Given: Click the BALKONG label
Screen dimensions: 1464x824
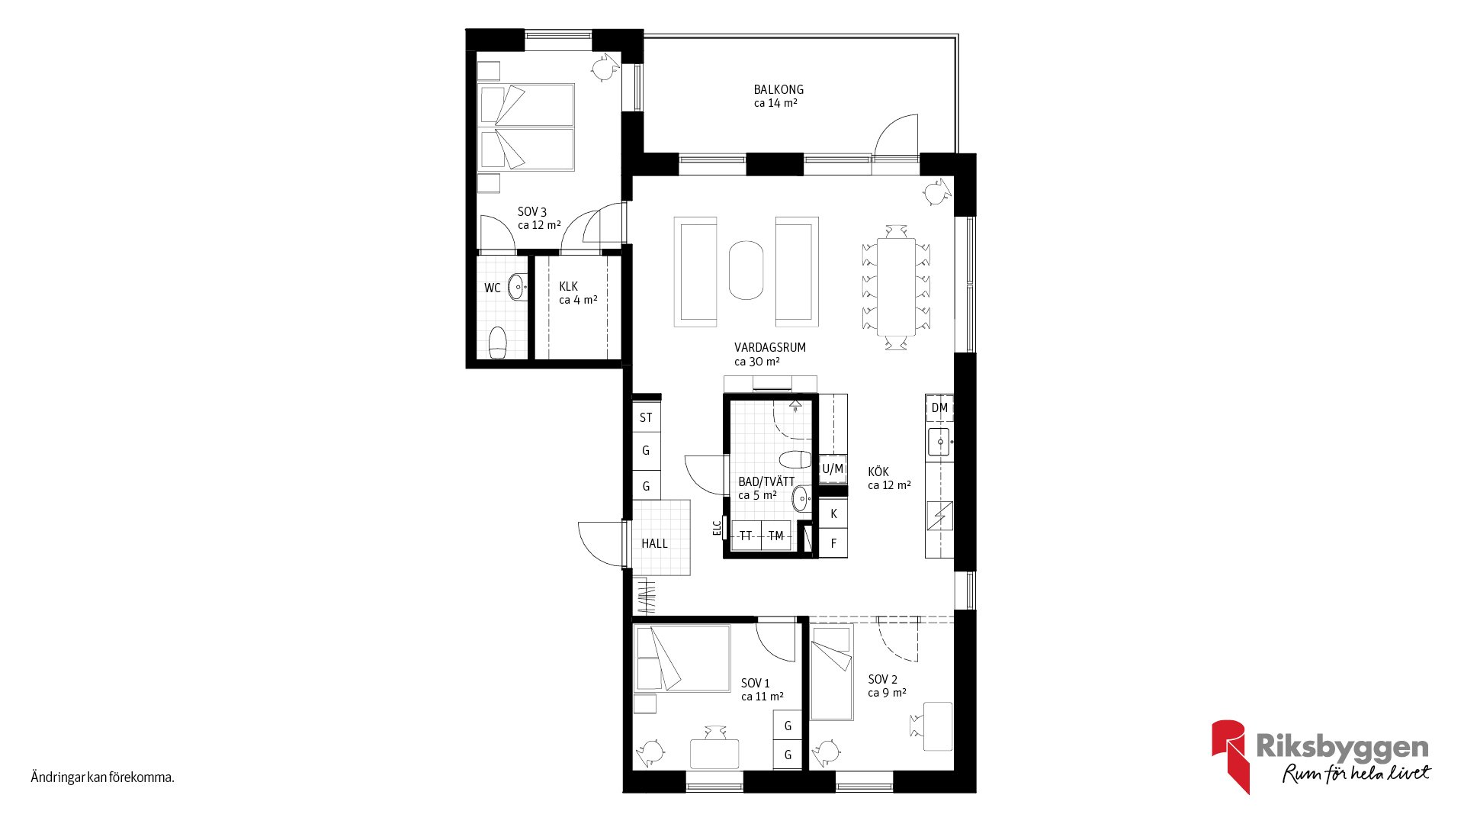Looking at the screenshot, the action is pos(779,89).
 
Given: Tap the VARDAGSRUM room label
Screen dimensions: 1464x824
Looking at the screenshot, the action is pos(770,347).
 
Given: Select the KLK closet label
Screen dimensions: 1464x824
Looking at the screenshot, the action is pos(569,286).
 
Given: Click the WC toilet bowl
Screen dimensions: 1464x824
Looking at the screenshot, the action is pos(498,343).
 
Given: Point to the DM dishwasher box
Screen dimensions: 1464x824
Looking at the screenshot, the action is pos(939,408).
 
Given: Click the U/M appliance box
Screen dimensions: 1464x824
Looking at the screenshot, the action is pos(833,468).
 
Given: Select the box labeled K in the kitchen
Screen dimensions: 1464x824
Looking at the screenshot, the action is pos(833,513).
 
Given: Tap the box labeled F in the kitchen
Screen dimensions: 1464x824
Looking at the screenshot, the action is pos(833,543).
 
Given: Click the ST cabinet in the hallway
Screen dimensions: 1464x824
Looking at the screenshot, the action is pos(646,417).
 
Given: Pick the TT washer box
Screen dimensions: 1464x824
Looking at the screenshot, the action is pos(746,536).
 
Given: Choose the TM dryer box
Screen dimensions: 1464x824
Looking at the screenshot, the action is pos(776,536).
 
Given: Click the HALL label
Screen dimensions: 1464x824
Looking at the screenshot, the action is pos(654,543).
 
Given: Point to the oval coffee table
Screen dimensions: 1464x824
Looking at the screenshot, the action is pos(746,271).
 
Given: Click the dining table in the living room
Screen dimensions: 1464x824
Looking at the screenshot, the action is pos(896,287).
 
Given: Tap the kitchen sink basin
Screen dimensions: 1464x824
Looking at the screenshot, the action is pos(939,443).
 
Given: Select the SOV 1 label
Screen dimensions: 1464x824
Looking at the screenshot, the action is pos(756,683).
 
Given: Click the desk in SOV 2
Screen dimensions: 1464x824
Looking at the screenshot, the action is pos(938,726).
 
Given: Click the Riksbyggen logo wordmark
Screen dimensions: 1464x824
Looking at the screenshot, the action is pos(1342,747).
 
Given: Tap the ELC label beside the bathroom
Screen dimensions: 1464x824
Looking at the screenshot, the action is pos(717,528).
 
